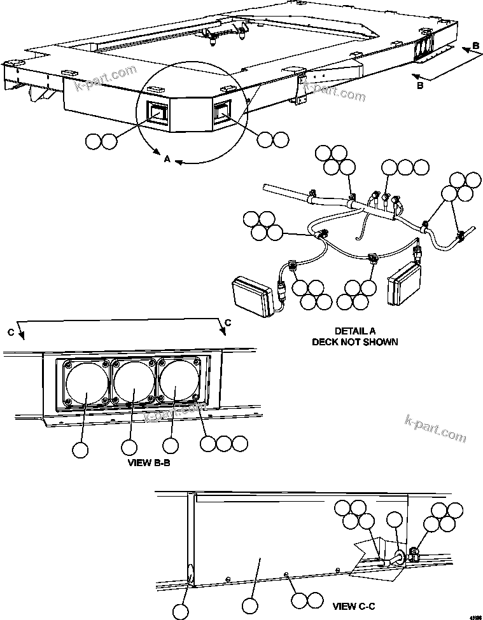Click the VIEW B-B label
tap(149, 463)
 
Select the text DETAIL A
tap(354, 331)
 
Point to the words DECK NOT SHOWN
tap(354, 341)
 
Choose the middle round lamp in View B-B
tap(134, 383)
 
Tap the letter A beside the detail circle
tap(167, 160)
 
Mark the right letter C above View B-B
tap(227, 322)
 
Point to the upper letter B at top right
tap(477, 46)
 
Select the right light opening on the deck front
tap(221, 112)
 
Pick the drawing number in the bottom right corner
tap(475, 616)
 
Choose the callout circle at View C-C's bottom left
tap(181, 611)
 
